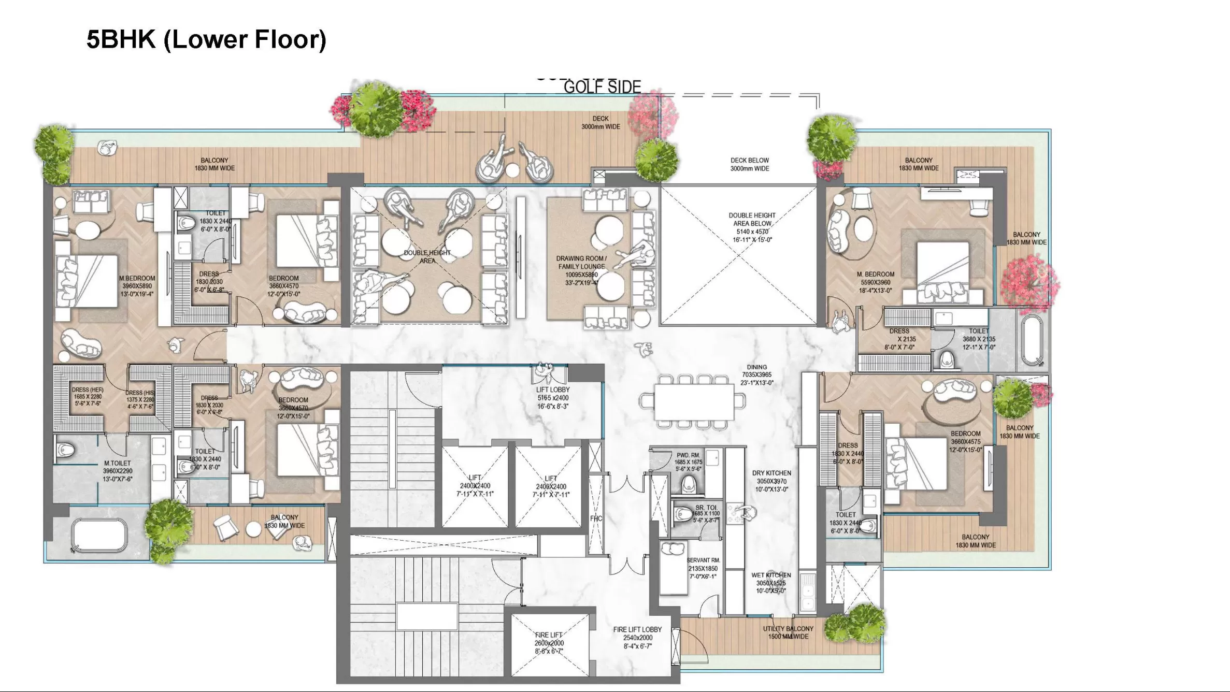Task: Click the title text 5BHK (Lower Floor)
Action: tap(206, 39)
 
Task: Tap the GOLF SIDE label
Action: tap(602, 87)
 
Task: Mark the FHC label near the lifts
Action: tap(596, 518)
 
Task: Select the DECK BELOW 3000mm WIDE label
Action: tap(750, 164)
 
